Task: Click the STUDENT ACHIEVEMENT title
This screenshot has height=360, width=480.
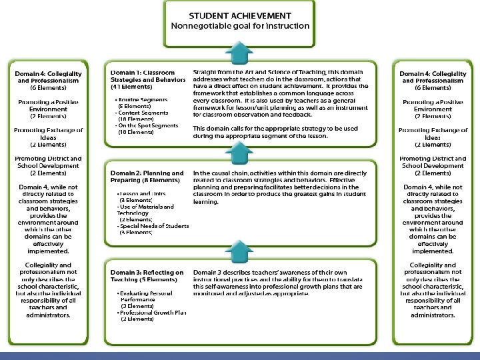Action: pos(239,14)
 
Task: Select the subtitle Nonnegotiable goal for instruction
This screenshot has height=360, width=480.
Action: pos(240,26)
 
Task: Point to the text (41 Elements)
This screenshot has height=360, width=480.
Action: pos(131,87)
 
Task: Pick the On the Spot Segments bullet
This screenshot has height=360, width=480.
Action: pos(145,126)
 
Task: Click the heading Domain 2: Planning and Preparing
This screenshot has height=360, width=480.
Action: pos(147,176)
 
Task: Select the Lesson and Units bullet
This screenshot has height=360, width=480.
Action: pos(141,193)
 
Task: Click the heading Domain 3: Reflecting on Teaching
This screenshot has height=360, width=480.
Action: pos(147,277)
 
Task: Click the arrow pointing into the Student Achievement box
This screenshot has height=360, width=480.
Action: pos(239,50)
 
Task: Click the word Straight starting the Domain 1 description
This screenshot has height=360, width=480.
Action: pos(204,71)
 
